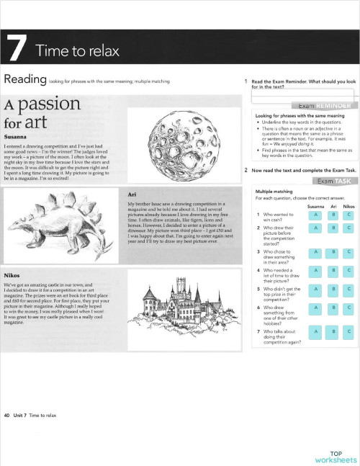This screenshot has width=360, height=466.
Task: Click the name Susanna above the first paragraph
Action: pyautogui.click(x=14, y=135)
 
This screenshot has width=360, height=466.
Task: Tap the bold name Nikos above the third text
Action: pyautogui.click(x=12, y=276)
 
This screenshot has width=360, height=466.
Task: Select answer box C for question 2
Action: pyautogui.click(x=348, y=228)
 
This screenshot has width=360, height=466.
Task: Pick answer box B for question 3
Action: pyautogui.click(x=333, y=252)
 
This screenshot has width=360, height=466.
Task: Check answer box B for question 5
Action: pyautogui.click(x=333, y=290)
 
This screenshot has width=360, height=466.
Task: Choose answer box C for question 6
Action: pyautogui.click(x=348, y=308)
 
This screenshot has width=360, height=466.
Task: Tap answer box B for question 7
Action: pyautogui.click(x=333, y=331)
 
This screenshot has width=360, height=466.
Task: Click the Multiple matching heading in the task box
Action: pyautogui.click(x=271, y=190)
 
